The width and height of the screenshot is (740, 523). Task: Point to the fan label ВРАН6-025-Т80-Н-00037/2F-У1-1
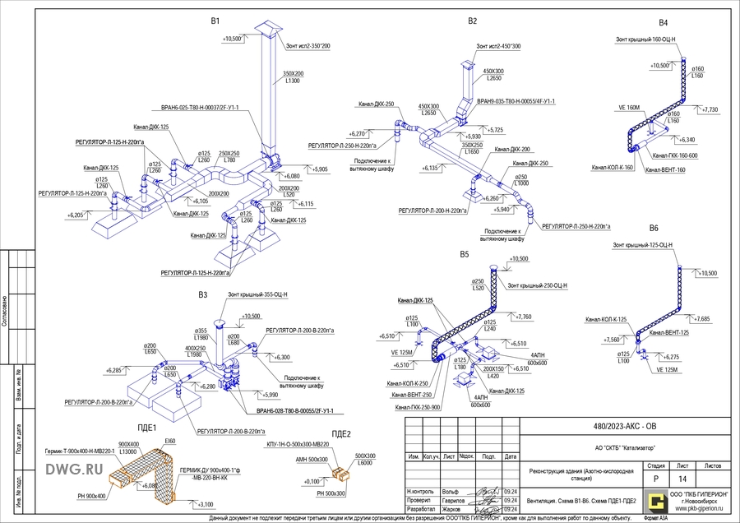coord(195,107)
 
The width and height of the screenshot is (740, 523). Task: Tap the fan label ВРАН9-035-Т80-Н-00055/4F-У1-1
coord(516,101)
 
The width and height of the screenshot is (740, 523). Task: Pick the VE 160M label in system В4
coord(628,107)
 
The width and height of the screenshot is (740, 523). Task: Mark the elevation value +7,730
coord(708,109)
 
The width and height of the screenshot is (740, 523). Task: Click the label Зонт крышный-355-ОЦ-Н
coord(257,294)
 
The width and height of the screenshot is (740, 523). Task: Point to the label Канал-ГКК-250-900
coord(418,407)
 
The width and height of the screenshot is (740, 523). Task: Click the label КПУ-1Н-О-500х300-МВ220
coord(307,444)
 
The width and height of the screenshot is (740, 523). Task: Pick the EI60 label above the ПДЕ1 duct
coord(170,442)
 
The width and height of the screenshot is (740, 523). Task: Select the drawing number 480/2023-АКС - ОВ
coord(625,427)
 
